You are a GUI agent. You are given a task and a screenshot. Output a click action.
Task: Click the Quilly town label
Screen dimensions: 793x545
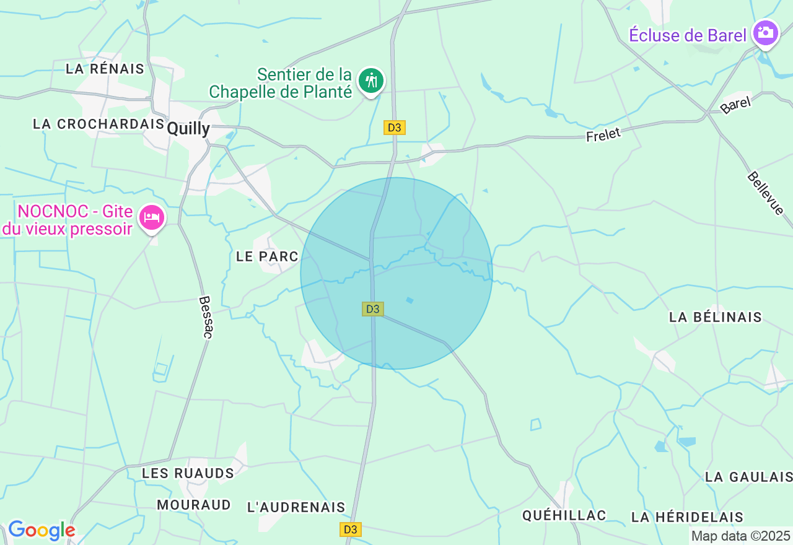[x=188, y=129]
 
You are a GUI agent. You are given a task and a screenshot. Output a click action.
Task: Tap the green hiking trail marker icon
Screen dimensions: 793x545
[x=371, y=81]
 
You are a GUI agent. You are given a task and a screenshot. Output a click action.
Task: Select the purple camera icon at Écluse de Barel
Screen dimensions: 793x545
[x=765, y=33]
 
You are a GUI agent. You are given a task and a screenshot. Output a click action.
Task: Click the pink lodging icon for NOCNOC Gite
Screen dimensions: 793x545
[x=152, y=217]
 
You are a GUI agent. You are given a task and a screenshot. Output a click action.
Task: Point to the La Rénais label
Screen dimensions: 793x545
[x=105, y=69]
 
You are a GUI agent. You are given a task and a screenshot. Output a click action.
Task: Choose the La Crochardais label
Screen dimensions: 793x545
[x=99, y=124]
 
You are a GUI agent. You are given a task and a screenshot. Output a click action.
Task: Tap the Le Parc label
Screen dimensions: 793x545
[x=267, y=256]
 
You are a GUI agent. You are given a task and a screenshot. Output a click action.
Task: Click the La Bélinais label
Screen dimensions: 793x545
[x=715, y=317]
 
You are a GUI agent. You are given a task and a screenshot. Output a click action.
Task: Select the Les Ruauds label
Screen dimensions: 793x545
[x=188, y=474]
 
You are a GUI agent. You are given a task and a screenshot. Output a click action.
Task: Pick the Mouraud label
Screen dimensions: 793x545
[x=193, y=505]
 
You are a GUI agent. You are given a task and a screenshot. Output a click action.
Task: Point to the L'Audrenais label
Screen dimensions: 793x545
[x=296, y=507]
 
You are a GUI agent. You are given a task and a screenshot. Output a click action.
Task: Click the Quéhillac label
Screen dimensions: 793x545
[x=564, y=515]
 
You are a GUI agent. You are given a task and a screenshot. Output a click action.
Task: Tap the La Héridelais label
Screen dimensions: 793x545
[x=686, y=517]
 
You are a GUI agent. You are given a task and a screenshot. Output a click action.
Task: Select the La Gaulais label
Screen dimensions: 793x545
[x=748, y=477]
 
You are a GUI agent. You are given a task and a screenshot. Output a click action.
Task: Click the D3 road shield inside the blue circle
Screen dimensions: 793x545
[x=372, y=308]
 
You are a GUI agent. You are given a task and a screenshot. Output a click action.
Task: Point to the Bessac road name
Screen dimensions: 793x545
[x=206, y=316]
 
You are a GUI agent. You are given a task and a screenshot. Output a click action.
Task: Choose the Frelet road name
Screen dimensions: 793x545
[x=603, y=134]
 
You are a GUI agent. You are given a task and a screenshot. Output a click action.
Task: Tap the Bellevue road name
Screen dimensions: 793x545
[x=766, y=193]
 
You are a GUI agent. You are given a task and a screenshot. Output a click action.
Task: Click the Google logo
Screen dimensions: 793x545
[x=41, y=530]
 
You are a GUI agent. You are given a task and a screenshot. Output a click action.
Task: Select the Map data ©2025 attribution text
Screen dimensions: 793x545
[x=740, y=536]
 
